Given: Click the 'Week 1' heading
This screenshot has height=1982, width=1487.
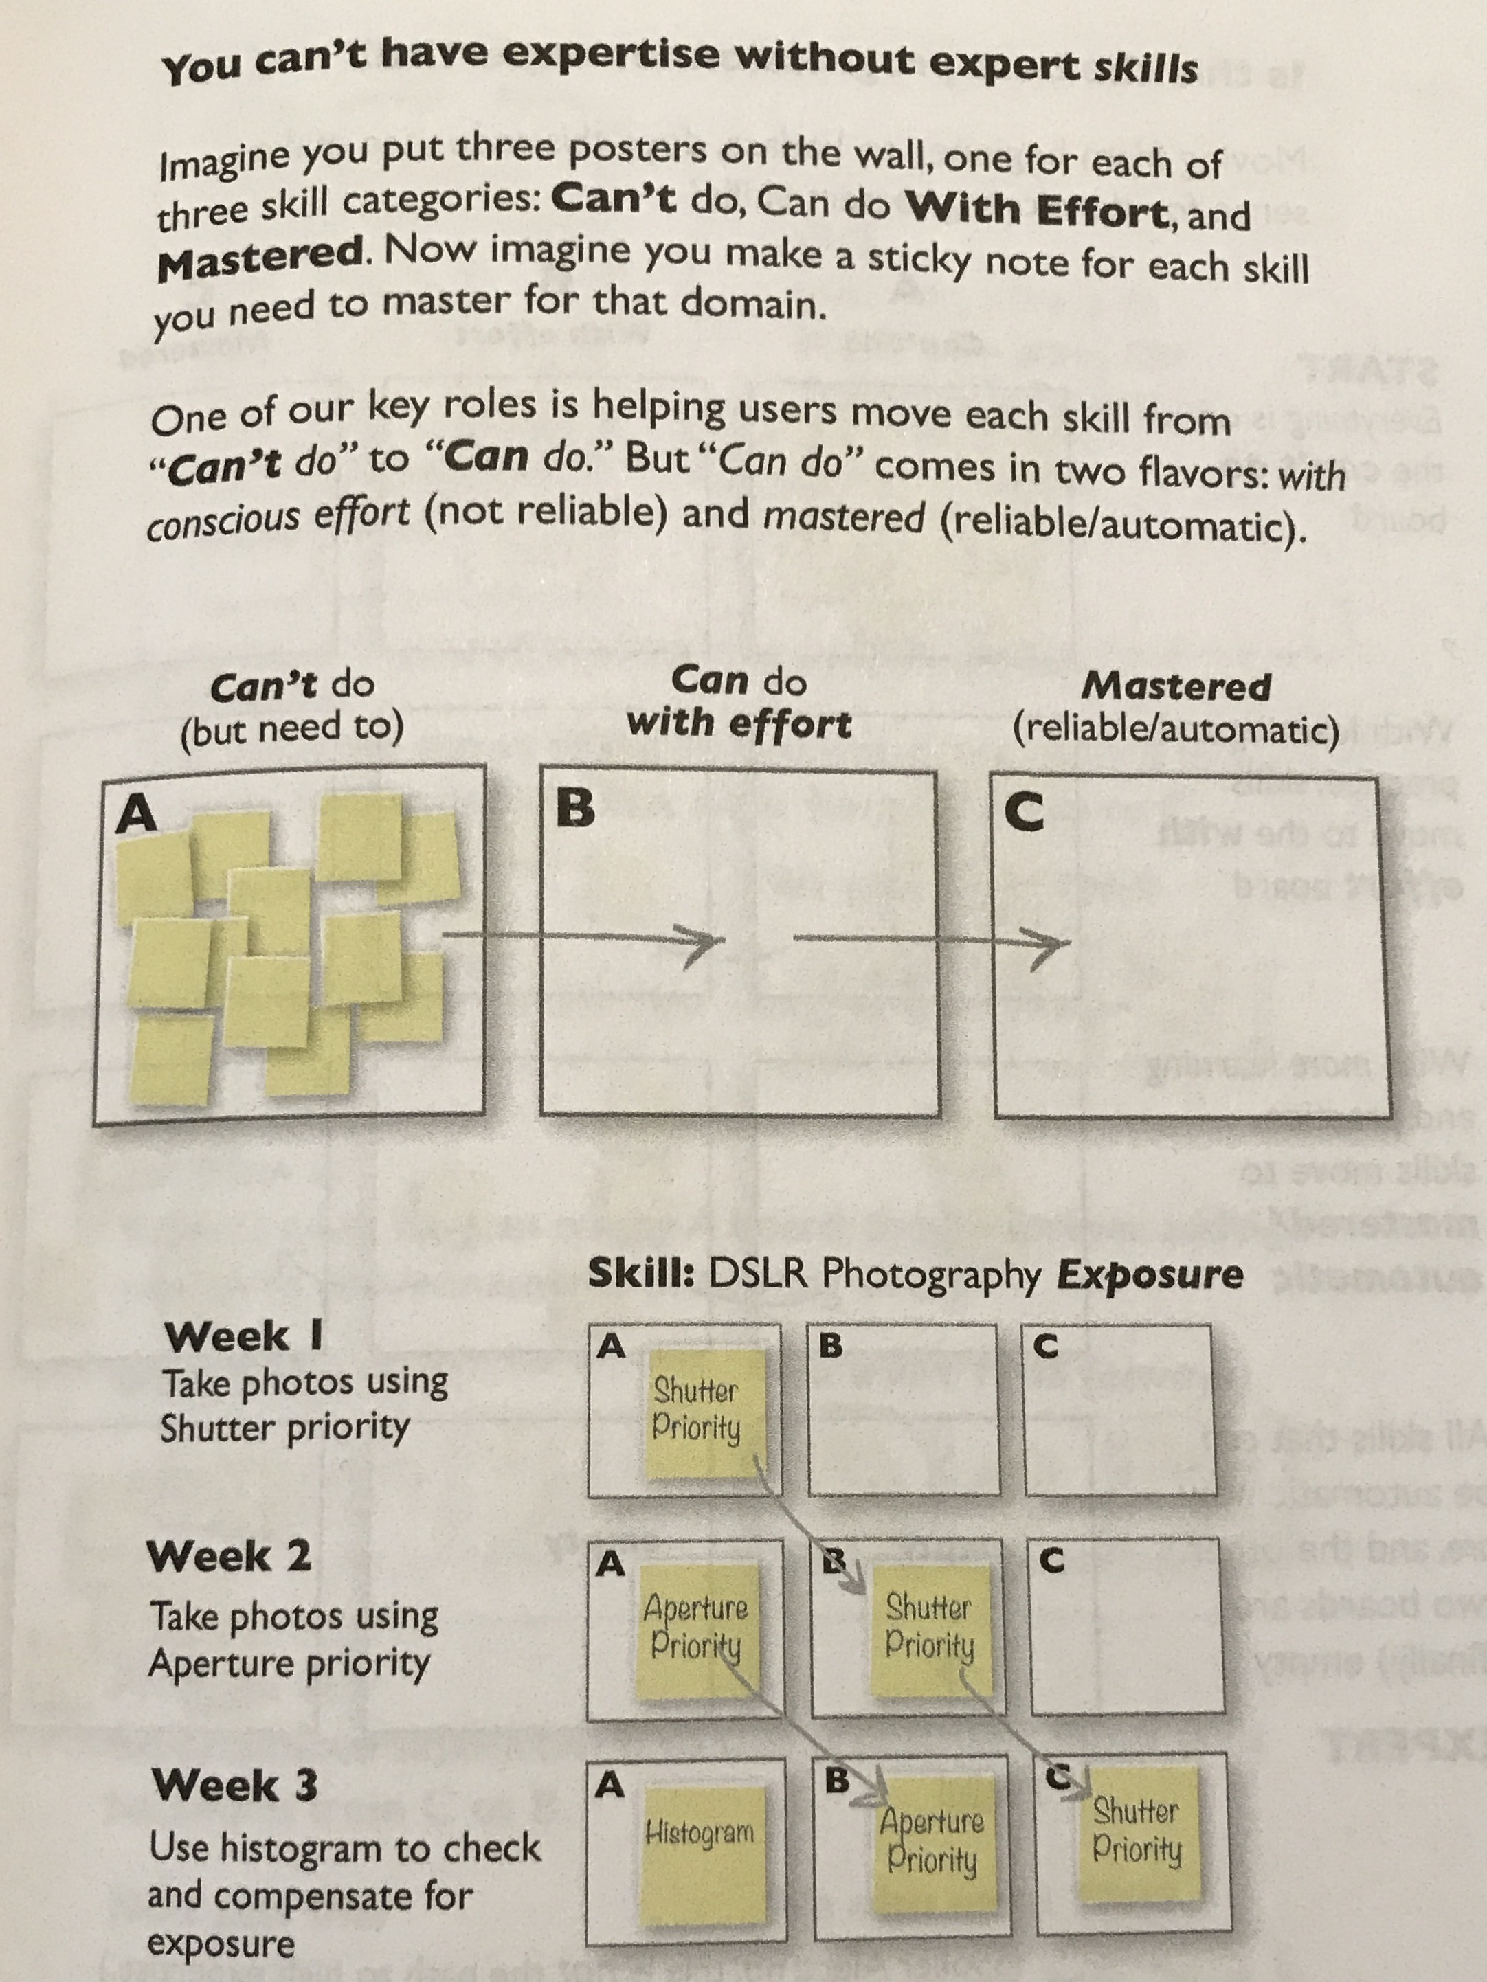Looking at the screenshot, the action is coord(244,1337).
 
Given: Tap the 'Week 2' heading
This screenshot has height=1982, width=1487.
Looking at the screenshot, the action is coord(230,1555).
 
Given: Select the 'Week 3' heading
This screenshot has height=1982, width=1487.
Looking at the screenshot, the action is coord(235,1784).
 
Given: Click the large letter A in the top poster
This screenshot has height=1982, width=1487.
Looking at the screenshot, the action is coord(137,815).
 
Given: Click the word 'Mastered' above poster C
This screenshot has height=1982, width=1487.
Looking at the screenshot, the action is coord(1176,686).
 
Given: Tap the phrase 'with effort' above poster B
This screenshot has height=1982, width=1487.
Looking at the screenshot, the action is coord(739,723).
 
